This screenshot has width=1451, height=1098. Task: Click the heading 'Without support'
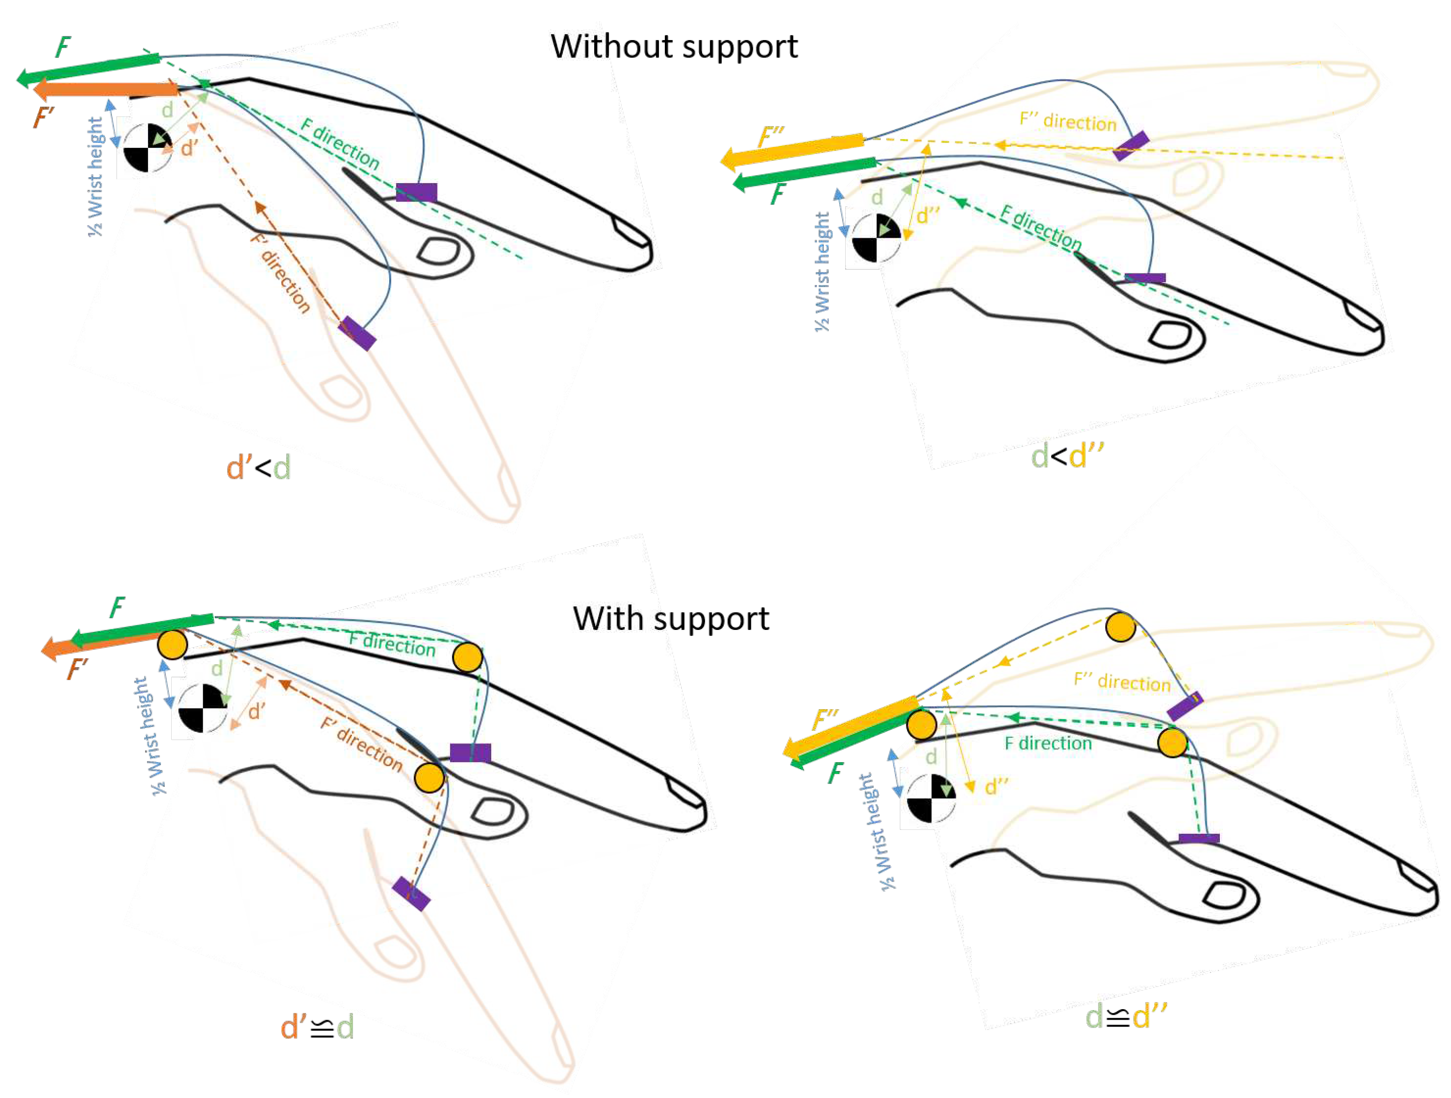[x=674, y=47]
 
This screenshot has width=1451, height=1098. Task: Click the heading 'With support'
[x=671, y=619]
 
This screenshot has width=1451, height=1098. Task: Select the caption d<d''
[x=1067, y=456]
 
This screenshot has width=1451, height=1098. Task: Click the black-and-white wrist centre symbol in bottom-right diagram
[x=931, y=799]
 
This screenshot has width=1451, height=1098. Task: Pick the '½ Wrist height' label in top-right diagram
[x=822, y=271]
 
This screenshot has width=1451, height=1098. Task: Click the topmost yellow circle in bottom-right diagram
[x=1120, y=627]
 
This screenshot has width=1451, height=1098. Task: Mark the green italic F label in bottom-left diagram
[x=117, y=607]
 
